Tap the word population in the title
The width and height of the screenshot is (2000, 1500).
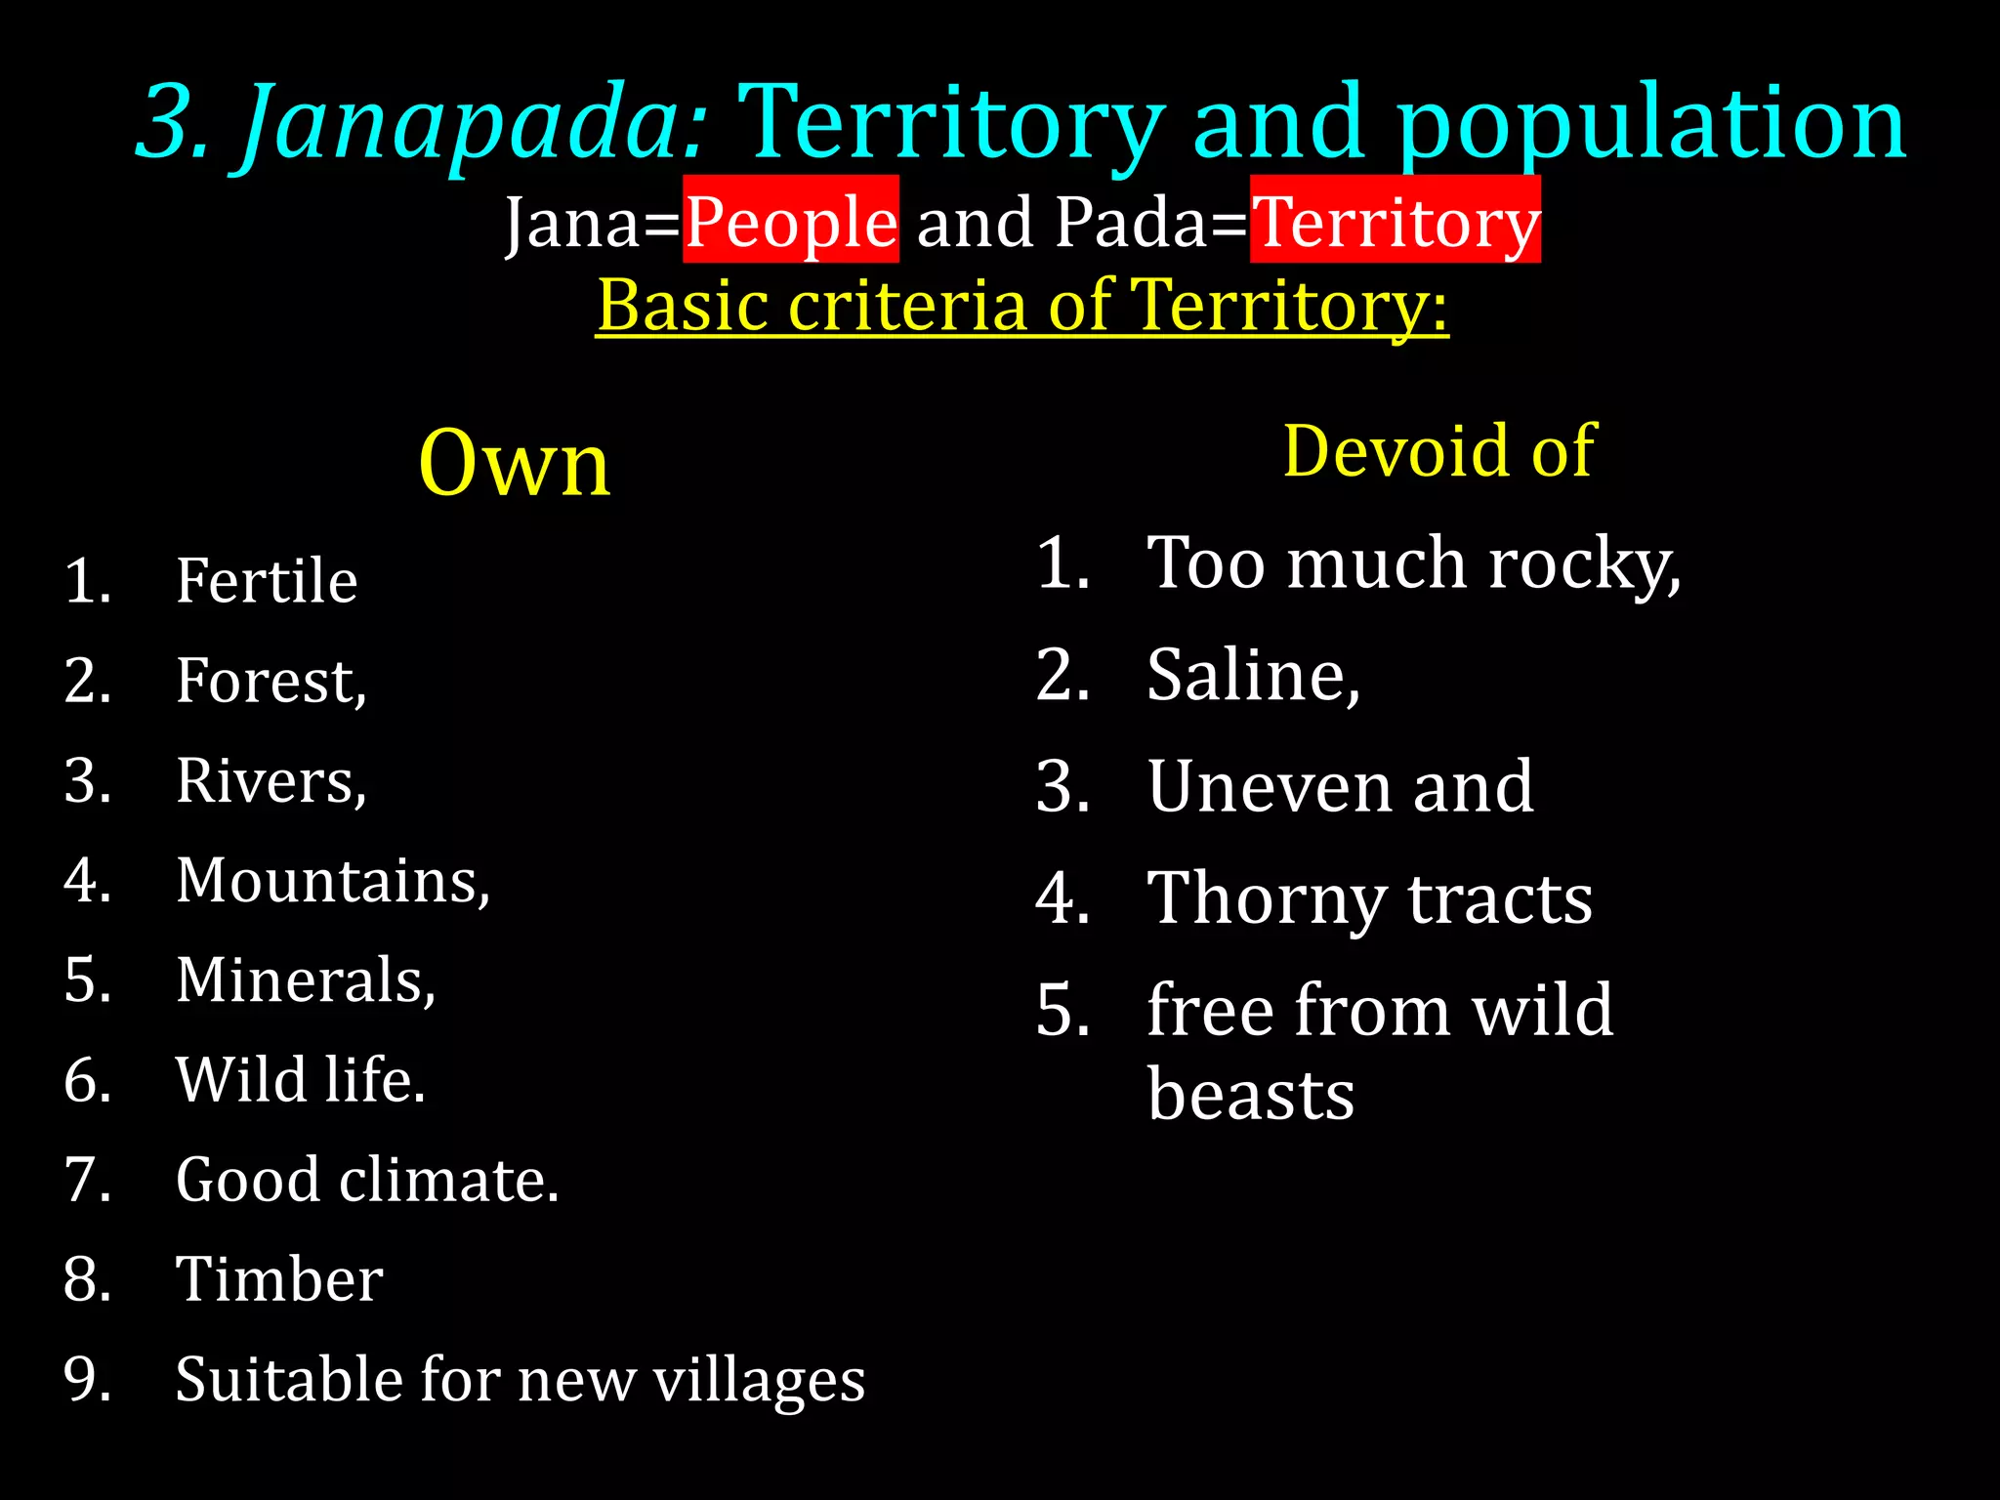(1650, 125)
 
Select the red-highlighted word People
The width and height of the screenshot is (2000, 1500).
(791, 222)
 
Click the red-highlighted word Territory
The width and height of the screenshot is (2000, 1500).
(1396, 222)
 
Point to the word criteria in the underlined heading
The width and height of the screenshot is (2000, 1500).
(905, 305)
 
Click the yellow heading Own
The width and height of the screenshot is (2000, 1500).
(515, 463)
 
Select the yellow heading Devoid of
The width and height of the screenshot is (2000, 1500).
(1439, 451)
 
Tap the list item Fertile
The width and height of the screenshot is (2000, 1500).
(267, 581)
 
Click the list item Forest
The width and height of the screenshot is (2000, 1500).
(271, 681)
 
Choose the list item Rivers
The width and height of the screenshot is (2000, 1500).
(271, 781)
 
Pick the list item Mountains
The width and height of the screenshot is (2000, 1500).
(332, 881)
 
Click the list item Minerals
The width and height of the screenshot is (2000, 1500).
(305, 980)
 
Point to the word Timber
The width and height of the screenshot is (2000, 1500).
(279, 1279)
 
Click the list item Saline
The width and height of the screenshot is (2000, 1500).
(1253, 675)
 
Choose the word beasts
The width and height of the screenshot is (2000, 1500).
(1250, 1095)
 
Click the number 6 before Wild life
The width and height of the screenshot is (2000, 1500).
(86, 1080)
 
